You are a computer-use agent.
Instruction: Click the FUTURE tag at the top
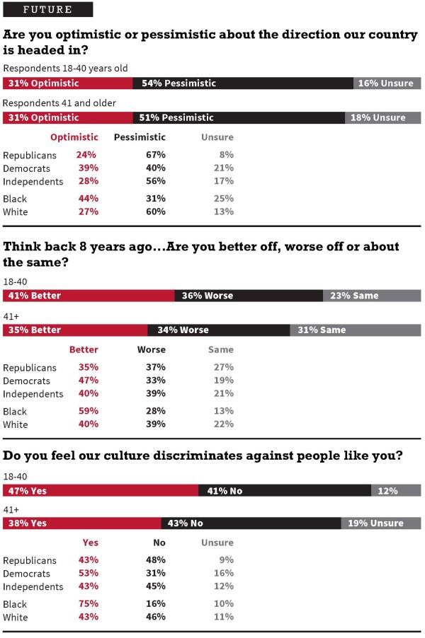point(47,10)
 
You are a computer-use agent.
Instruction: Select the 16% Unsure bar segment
point(387,83)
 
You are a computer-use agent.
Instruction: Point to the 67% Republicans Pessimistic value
point(156,155)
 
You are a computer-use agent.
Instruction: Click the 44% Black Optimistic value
point(87,199)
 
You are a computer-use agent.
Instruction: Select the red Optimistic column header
point(74,137)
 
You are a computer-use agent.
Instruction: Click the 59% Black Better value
point(89,411)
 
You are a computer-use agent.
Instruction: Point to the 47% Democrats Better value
point(89,381)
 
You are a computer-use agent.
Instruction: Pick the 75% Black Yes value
point(89,603)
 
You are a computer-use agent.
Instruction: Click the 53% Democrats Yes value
point(89,573)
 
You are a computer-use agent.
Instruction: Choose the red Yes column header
point(91,543)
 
